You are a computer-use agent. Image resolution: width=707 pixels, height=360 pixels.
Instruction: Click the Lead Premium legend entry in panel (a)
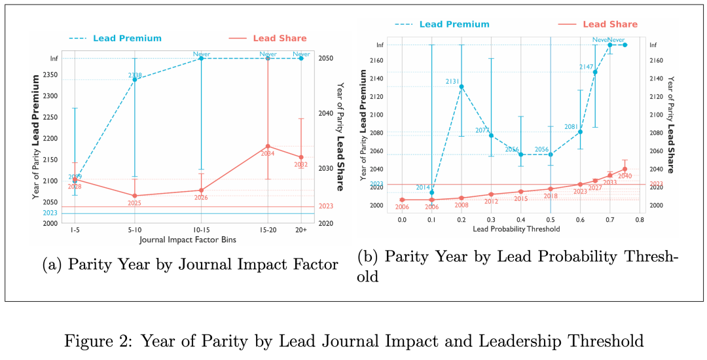[127, 38]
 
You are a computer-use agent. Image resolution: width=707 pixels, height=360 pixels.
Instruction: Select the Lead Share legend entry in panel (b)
[609, 24]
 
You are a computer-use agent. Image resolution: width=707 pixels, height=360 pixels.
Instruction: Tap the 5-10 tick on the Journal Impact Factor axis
[134, 230]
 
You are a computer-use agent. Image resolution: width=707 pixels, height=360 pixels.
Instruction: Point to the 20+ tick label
[300, 230]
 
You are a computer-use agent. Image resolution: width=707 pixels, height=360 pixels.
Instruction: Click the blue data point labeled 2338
[134, 79]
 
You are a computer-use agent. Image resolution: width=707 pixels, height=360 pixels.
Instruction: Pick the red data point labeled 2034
[268, 146]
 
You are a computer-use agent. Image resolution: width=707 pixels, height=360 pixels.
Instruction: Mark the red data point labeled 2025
[134, 196]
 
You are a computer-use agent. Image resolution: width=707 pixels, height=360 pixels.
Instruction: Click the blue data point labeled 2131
[462, 86]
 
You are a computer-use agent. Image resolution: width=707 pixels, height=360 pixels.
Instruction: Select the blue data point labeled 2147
[595, 71]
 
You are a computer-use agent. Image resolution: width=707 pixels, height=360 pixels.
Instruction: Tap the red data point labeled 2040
[625, 169]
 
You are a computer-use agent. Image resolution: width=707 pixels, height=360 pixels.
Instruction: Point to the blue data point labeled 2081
[580, 132]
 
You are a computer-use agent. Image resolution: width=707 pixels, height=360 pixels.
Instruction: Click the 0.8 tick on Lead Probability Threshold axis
[640, 219]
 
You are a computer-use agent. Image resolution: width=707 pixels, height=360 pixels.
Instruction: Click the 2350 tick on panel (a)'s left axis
[50, 75]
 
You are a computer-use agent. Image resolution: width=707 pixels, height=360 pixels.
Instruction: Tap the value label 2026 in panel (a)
[201, 198]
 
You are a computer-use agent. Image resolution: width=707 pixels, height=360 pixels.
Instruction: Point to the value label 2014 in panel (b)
[423, 188]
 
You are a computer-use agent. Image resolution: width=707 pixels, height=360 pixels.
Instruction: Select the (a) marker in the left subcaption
[52, 264]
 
